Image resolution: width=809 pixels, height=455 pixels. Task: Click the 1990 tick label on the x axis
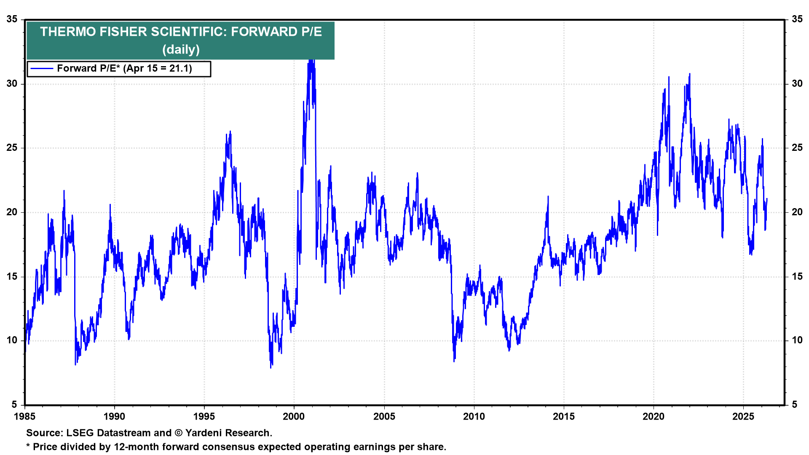(x=114, y=417)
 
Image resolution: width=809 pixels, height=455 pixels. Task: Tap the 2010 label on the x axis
(x=474, y=417)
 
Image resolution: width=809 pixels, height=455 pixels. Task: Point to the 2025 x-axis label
(x=743, y=417)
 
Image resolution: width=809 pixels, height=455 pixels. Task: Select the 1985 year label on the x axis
(x=25, y=417)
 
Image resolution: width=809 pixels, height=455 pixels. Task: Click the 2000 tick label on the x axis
(x=294, y=417)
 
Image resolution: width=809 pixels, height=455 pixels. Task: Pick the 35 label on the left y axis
(x=12, y=19)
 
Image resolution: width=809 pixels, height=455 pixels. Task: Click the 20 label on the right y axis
(x=797, y=212)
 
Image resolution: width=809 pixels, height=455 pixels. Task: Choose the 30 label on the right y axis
(x=797, y=84)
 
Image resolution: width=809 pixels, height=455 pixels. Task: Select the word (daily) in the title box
(x=181, y=50)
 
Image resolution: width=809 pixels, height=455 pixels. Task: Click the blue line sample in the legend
(x=42, y=69)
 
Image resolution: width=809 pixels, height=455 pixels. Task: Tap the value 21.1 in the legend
(x=180, y=69)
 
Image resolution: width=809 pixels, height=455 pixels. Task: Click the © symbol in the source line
(x=178, y=433)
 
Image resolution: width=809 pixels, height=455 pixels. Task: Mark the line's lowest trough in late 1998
(x=271, y=367)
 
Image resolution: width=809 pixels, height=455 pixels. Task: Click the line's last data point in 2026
(x=767, y=199)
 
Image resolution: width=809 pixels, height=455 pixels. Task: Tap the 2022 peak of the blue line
(x=690, y=74)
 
